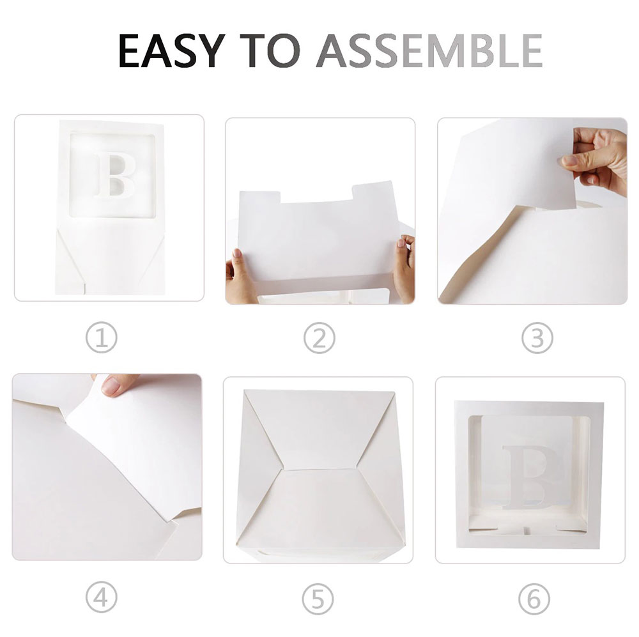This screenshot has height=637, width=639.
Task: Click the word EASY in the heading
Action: (171, 50)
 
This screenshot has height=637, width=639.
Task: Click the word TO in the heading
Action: (270, 50)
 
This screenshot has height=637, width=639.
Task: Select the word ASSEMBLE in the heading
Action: (429, 50)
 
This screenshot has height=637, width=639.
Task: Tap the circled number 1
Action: (102, 338)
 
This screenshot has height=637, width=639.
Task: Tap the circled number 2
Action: (319, 338)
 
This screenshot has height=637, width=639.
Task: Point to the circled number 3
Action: (537, 338)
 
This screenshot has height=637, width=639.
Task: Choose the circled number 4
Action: (102, 597)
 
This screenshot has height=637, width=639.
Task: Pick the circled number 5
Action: (318, 599)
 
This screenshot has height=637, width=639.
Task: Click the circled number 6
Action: (534, 599)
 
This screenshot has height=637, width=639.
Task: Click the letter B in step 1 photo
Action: (115, 175)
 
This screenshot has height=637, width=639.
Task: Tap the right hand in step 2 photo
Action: (404, 268)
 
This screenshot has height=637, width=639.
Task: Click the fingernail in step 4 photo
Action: (111, 385)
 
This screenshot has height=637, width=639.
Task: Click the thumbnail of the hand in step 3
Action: (570, 160)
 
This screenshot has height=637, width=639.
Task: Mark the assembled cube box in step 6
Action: (529, 475)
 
